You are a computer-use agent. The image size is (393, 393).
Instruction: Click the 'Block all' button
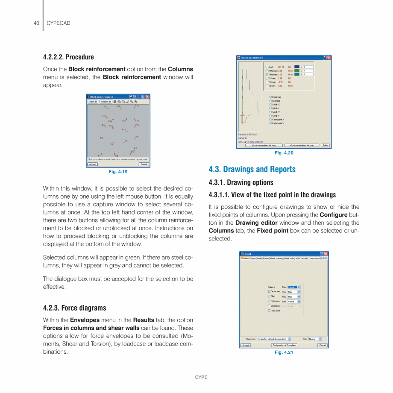click(93, 102)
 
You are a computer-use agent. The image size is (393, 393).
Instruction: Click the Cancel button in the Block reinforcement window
click(144, 164)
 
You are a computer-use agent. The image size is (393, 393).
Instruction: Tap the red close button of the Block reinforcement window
click(147, 97)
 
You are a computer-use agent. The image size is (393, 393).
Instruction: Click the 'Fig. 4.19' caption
click(118, 172)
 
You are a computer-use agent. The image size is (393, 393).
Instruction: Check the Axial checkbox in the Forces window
click(267, 67)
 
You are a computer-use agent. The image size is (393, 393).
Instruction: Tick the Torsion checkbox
click(267, 86)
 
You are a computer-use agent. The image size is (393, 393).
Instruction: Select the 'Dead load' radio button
click(270, 97)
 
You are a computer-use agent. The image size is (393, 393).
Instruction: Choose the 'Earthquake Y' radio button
click(270, 123)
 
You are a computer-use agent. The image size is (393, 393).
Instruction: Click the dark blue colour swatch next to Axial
click(297, 67)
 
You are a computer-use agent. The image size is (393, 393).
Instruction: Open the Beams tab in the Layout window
click(253, 258)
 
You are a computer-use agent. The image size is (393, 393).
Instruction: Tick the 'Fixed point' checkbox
click(269, 311)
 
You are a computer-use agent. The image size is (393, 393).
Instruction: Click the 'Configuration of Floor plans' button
click(284, 345)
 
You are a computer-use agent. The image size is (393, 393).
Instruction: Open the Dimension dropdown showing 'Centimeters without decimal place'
click(274, 339)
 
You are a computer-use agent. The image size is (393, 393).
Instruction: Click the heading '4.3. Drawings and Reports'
click(252, 169)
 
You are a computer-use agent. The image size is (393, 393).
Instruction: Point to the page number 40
click(36, 23)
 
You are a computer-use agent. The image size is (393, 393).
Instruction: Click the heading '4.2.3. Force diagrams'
click(74, 308)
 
